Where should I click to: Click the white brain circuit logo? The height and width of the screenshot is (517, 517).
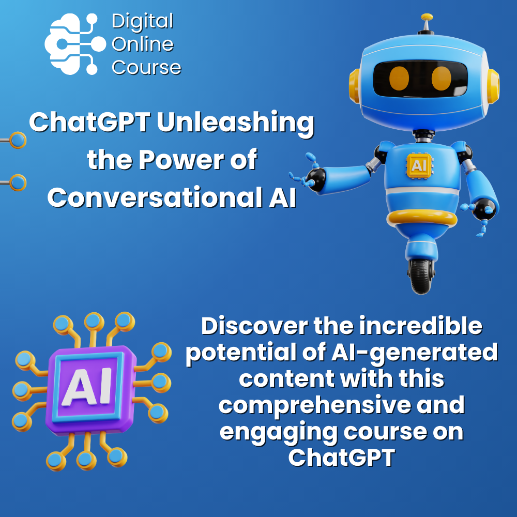pyautogui.click(x=75, y=44)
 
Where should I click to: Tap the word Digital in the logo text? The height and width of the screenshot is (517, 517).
pyautogui.click(x=143, y=22)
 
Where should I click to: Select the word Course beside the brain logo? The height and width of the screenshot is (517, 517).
pyautogui.click(x=146, y=68)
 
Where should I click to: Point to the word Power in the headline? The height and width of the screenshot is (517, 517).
pyautogui.click(x=181, y=160)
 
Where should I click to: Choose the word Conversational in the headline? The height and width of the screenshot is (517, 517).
pyautogui.click(x=156, y=197)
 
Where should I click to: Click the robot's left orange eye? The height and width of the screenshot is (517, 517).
pyautogui.click(x=399, y=78)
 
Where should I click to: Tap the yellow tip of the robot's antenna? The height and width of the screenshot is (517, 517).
pyautogui.click(x=427, y=17)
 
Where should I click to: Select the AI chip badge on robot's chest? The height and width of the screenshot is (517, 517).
pyautogui.click(x=419, y=165)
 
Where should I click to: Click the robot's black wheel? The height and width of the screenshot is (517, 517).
pyautogui.click(x=421, y=276)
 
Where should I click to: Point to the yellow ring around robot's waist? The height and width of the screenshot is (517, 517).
pyautogui.click(x=422, y=218)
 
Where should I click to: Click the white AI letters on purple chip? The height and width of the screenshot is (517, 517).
pyautogui.click(x=87, y=386)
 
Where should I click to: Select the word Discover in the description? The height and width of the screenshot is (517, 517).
pyautogui.click(x=254, y=326)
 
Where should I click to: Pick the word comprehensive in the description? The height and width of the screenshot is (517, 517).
pyautogui.click(x=314, y=406)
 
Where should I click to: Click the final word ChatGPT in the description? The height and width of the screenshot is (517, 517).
pyautogui.click(x=342, y=458)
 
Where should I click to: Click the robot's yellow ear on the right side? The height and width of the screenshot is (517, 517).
pyautogui.click(x=493, y=86)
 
